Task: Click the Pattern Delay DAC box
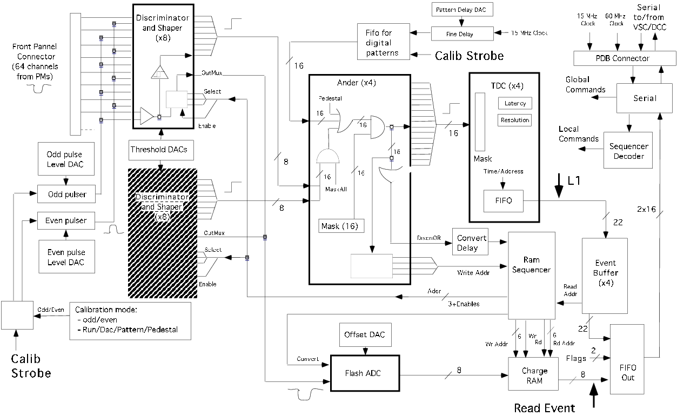[462, 10]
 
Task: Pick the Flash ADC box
[365, 373]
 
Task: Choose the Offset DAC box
[365, 335]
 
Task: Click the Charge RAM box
[534, 375]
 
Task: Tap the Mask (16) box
[341, 225]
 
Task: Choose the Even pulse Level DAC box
[65, 257]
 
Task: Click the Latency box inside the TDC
[515, 103]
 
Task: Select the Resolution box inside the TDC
[515, 120]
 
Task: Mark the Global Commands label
[585, 84]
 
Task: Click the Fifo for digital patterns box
[384, 42]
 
